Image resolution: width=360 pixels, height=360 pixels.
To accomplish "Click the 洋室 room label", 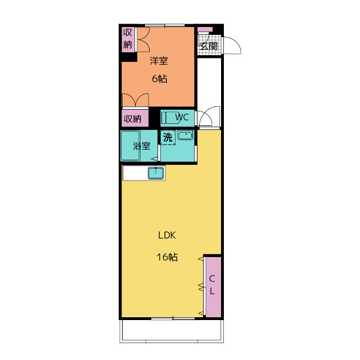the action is (x=159, y=61).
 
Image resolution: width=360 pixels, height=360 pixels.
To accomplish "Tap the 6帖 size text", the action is (x=159, y=79).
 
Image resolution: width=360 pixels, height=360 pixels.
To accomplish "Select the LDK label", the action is (x=167, y=236).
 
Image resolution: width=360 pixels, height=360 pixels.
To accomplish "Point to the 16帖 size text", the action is (x=167, y=257).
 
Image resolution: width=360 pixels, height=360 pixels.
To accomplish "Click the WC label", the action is (x=182, y=118).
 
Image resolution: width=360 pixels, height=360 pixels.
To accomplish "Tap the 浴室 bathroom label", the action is (x=142, y=146).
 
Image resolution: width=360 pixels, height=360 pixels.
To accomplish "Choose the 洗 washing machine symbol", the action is (x=168, y=137).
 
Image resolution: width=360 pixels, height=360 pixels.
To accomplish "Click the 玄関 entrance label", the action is (x=209, y=46).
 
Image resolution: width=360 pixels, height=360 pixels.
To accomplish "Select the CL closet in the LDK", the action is (x=213, y=287).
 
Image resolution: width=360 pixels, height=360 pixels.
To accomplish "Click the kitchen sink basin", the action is (x=156, y=173).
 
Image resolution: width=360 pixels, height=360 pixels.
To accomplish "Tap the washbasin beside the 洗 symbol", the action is (x=185, y=136).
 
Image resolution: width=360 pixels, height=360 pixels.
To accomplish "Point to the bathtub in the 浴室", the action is (x=130, y=146).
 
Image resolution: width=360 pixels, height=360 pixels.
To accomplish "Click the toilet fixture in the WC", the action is (x=170, y=118).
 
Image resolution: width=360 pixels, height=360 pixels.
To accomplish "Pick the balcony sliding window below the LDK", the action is (x=173, y=318).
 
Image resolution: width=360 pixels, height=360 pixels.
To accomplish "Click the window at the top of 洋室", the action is (x=165, y=25).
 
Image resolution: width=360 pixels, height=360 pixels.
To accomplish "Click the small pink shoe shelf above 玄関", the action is (x=205, y=29).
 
